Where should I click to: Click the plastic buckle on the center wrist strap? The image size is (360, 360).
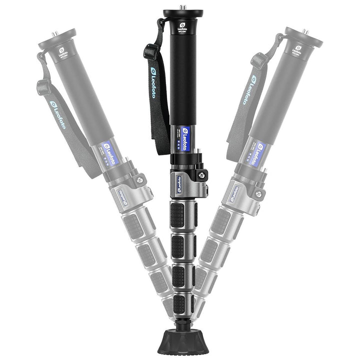pyautogui.click(x=150, y=51)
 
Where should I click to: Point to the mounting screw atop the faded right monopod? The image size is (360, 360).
pyautogui.click(x=306, y=32)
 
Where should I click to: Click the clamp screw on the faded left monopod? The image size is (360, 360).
pyautogui.click(x=139, y=179)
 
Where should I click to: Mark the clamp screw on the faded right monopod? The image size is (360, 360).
pyautogui.click(x=258, y=193)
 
